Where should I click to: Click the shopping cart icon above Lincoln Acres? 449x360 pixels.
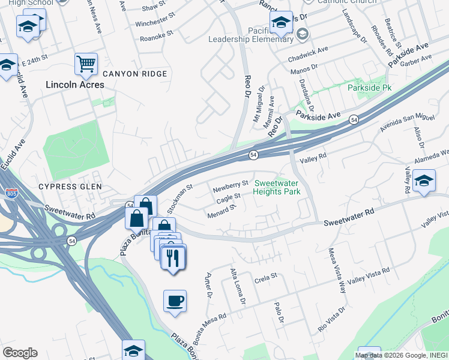(x=86, y=63)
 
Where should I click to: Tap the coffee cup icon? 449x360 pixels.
(x=175, y=301)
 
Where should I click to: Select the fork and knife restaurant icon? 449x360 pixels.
(x=173, y=258)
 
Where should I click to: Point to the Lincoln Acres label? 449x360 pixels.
(x=75, y=85)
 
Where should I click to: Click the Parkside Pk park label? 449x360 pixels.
(x=369, y=88)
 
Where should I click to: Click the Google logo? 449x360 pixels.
(x=20, y=353)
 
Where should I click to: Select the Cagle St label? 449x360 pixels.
(x=228, y=197)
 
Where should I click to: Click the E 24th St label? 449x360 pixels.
(x=35, y=62)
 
